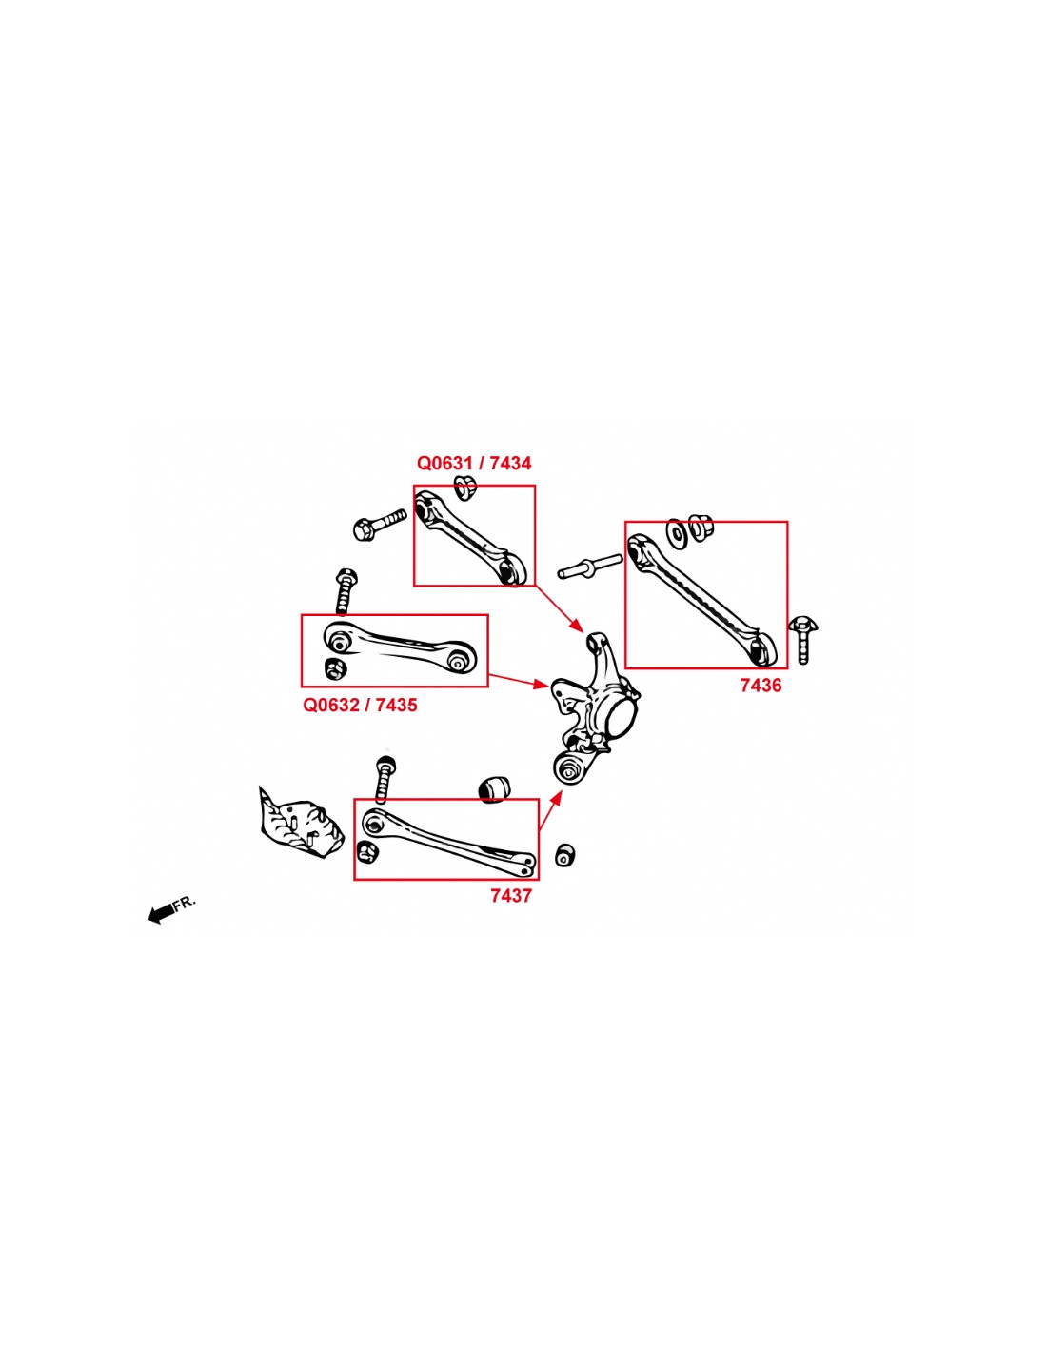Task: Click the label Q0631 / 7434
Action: [x=473, y=464]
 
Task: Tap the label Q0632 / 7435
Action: [x=360, y=705]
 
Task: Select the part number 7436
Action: [x=761, y=686]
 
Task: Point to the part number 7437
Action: [x=511, y=896]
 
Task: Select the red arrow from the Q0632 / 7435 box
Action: [x=518, y=681]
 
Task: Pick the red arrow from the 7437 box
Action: [x=551, y=809]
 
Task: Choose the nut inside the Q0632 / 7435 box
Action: [x=336, y=668]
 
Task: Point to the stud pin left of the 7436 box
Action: [x=590, y=566]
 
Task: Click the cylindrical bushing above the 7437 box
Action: [x=494, y=788]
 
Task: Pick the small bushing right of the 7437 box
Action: [x=565, y=854]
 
